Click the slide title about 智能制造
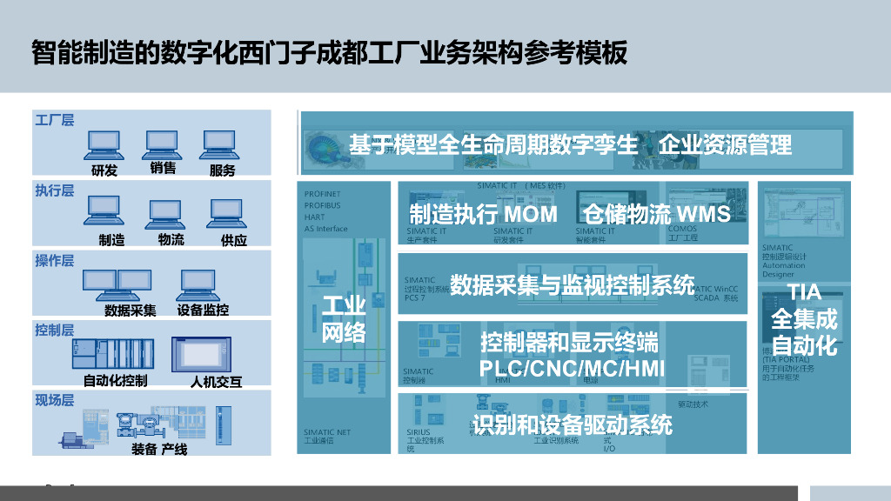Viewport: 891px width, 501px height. coord(329,52)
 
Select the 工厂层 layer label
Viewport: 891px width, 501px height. coord(54,120)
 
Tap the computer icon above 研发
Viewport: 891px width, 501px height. coord(104,144)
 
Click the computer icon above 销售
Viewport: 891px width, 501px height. coord(163,142)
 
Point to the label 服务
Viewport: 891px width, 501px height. coord(223,170)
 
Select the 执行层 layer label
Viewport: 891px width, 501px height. coord(54,190)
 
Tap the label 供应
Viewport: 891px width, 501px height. coord(234,240)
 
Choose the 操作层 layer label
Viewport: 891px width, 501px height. coord(54,261)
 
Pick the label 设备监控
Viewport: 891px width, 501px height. coord(203,310)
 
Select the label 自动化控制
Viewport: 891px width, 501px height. coord(115,380)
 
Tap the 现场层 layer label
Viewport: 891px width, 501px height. coord(54,400)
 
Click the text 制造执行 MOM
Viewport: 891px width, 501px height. coord(483,214)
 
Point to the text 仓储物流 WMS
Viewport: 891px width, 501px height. coord(656,214)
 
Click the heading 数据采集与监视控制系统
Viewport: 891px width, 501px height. coord(572,285)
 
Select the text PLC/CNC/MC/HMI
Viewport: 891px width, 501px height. coord(572,369)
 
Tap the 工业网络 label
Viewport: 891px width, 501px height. coord(344,318)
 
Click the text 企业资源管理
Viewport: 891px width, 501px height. coord(725,144)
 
